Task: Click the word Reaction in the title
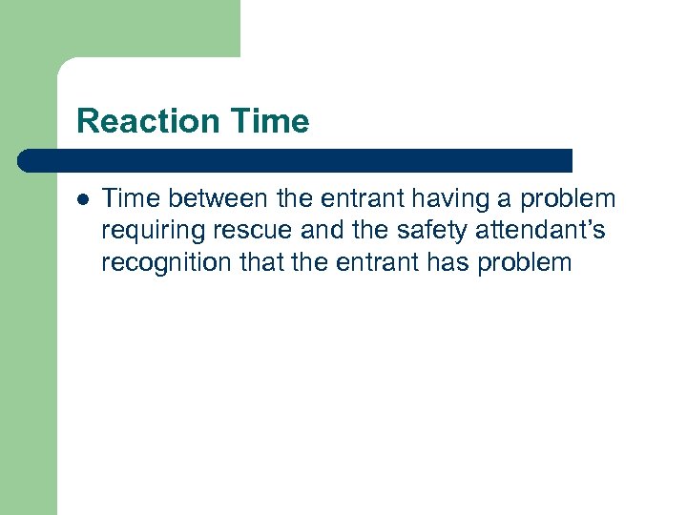(147, 122)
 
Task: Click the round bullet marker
(83, 199)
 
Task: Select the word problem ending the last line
(529, 263)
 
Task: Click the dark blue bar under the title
(296, 160)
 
